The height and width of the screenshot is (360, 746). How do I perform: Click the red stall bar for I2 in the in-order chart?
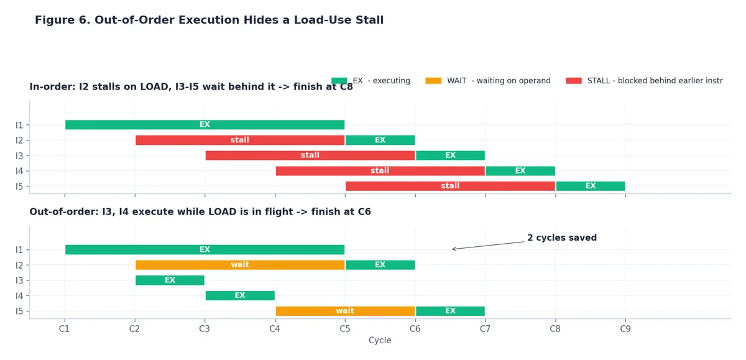(240, 140)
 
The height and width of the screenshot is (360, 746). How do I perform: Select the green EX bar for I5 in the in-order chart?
(591, 186)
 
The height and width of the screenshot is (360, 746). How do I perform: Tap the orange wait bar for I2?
(240, 265)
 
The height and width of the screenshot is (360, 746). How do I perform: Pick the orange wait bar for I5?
(346, 311)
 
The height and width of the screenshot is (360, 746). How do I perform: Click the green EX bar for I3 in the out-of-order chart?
(170, 280)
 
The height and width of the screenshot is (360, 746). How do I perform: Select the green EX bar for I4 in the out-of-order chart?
(240, 296)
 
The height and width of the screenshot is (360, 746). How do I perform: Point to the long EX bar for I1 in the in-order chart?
(205, 125)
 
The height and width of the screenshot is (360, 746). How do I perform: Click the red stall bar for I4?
(380, 171)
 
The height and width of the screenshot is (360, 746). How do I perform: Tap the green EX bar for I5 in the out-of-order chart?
(450, 311)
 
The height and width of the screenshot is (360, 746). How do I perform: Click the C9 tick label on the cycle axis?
(625, 329)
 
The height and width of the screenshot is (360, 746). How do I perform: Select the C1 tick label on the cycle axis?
(64, 329)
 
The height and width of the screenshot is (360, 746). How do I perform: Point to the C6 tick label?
(415, 329)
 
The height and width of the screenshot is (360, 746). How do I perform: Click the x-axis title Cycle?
(380, 340)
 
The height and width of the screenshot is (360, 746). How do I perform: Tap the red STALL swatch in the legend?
(574, 81)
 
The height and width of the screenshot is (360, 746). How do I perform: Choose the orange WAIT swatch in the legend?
(433, 81)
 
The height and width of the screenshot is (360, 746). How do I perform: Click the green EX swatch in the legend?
(339, 81)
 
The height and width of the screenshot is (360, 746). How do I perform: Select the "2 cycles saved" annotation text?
(562, 238)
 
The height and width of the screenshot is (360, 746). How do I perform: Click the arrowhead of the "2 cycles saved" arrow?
(453, 249)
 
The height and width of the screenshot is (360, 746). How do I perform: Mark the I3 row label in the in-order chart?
(19, 156)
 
